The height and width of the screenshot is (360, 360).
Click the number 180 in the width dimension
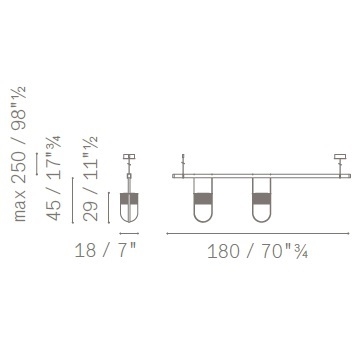pyautogui.click(x=223, y=251)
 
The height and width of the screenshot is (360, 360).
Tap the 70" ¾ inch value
pyautogui.click(x=285, y=251)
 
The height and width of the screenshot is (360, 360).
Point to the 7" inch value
pyautogui.click(x=127, y=250)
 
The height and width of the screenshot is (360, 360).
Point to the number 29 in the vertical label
pyautogui.click(x=90, y=210)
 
